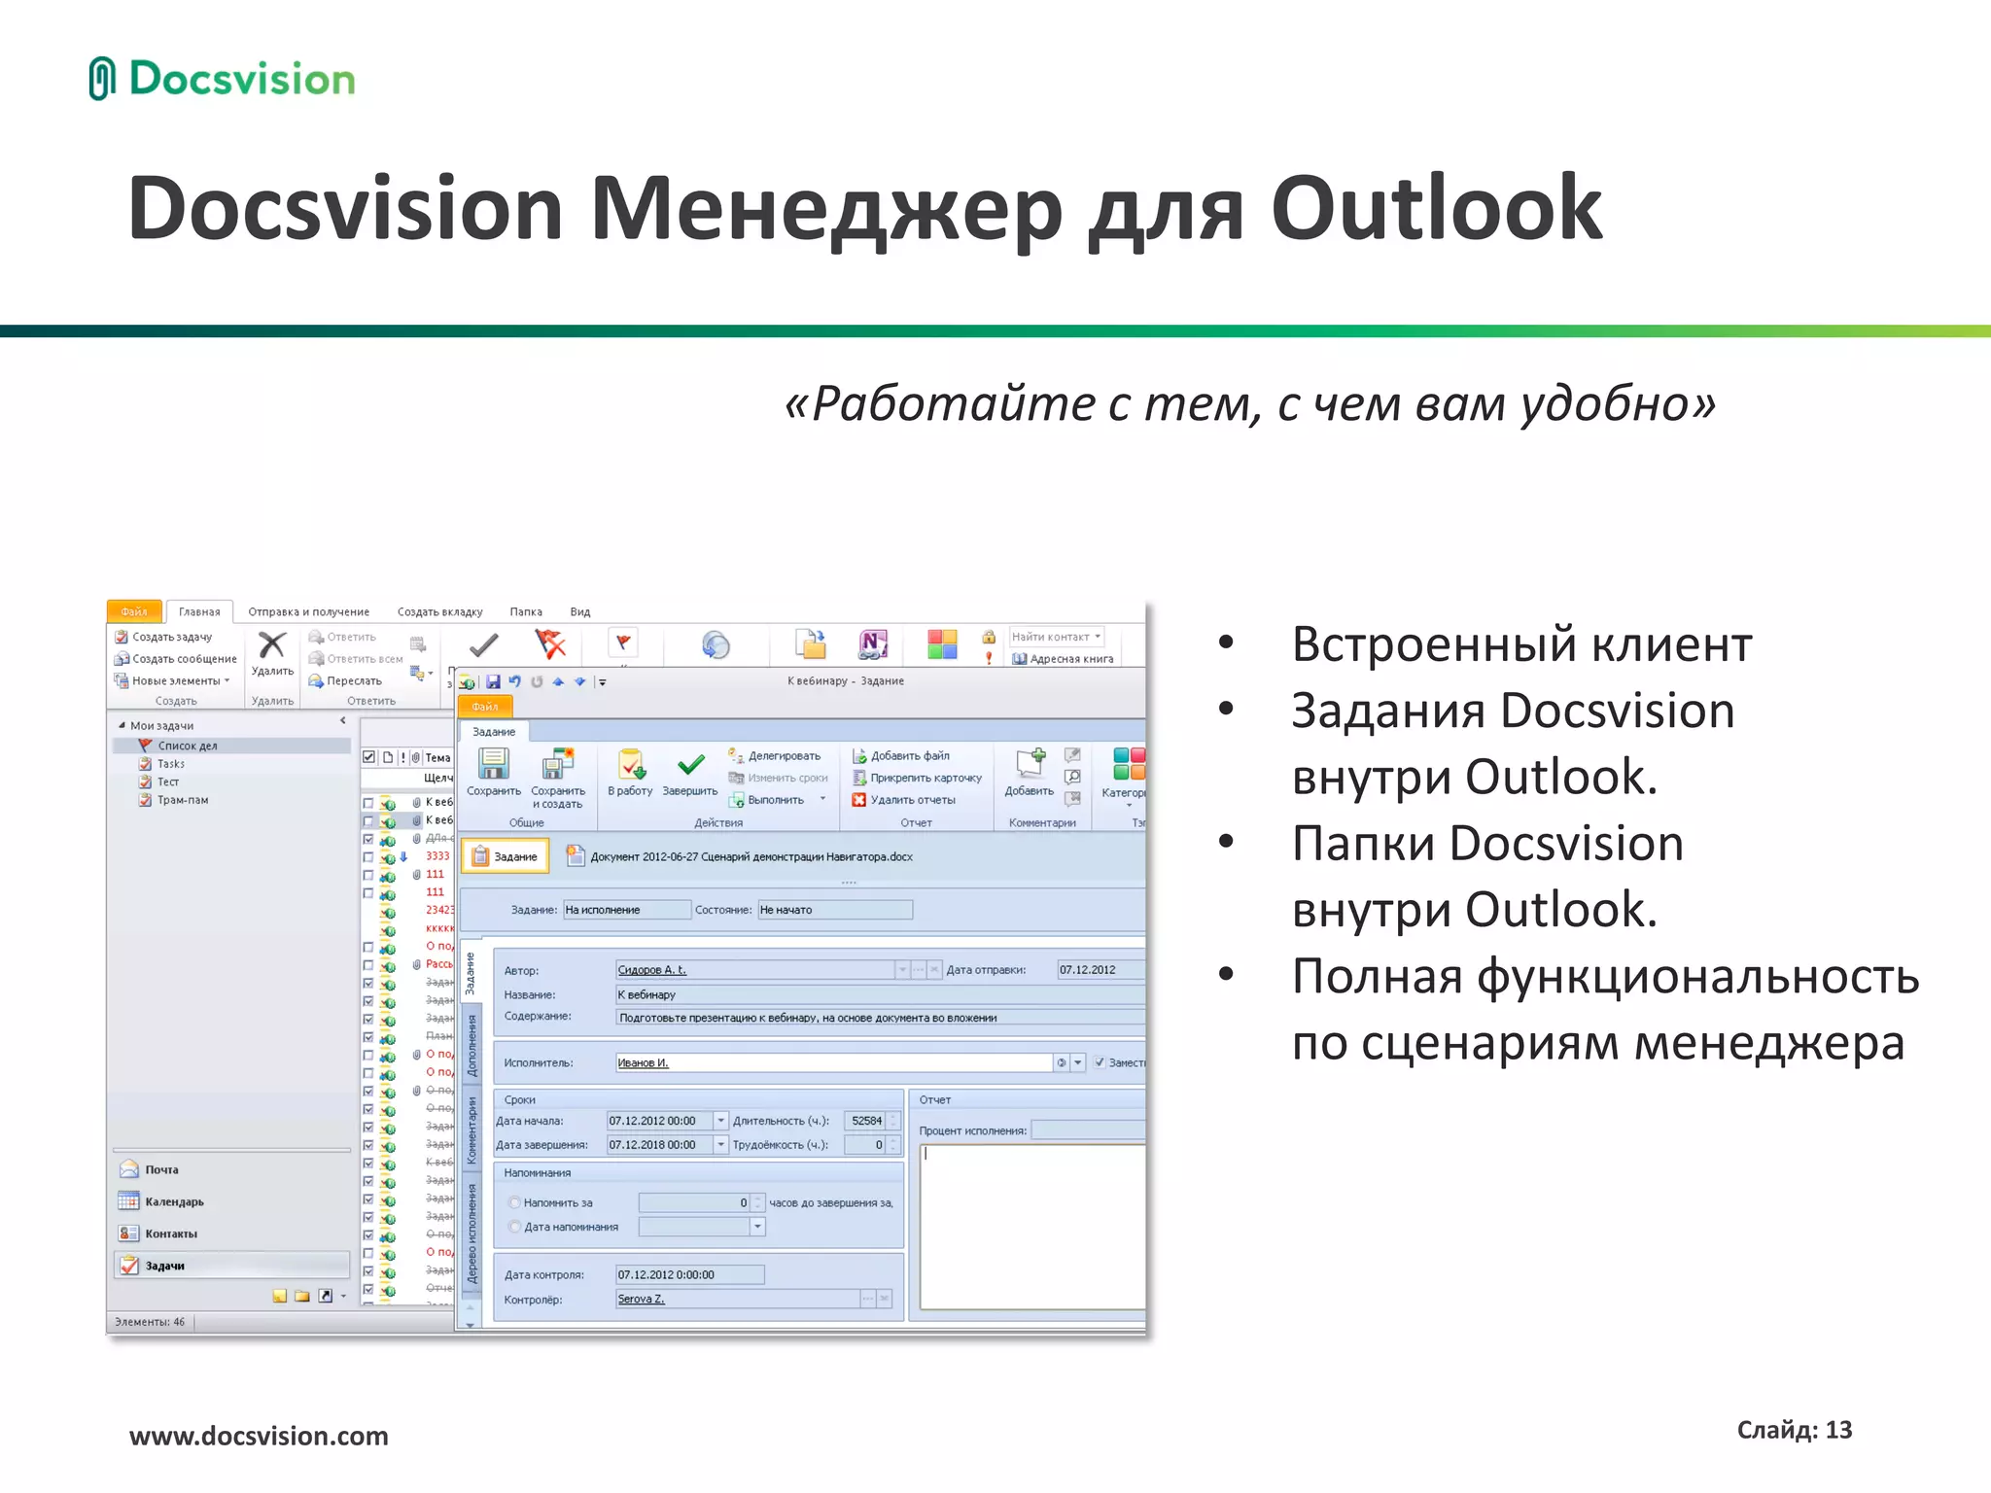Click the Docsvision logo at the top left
pyautogui.click(x=223, y=79)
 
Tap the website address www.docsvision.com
pyautogui.click(x=259, y=1436)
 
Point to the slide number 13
pyautogui.click(x=1838, y=1430)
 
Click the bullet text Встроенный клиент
pyautogui.click(x=1521, y=644)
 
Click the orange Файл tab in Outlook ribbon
pyautogui.click(x=134, y=611)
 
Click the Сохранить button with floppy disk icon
pyautogui.click(x=494, y=772)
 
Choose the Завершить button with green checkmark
pyautogui.click(x=690, y=772)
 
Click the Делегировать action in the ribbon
pyautogui.click(x=783, y=755)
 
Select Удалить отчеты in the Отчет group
pyautogui.click(x=912, y=800)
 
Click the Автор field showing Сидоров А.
pyautogui.click(x=754, y=970)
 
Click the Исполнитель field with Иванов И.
pyautogui.click(x=833, y=1062)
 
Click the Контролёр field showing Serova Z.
pyautogui.click(x=737, y=1299)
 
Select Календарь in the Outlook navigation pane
pyautogui.click(x=174, y=1201)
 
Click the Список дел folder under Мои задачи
pyautogui.click(x=188, y=746)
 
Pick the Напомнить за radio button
pyautogui.click(x=515, y=1202)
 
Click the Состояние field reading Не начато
pyautogui.click(x=834, y=910)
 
